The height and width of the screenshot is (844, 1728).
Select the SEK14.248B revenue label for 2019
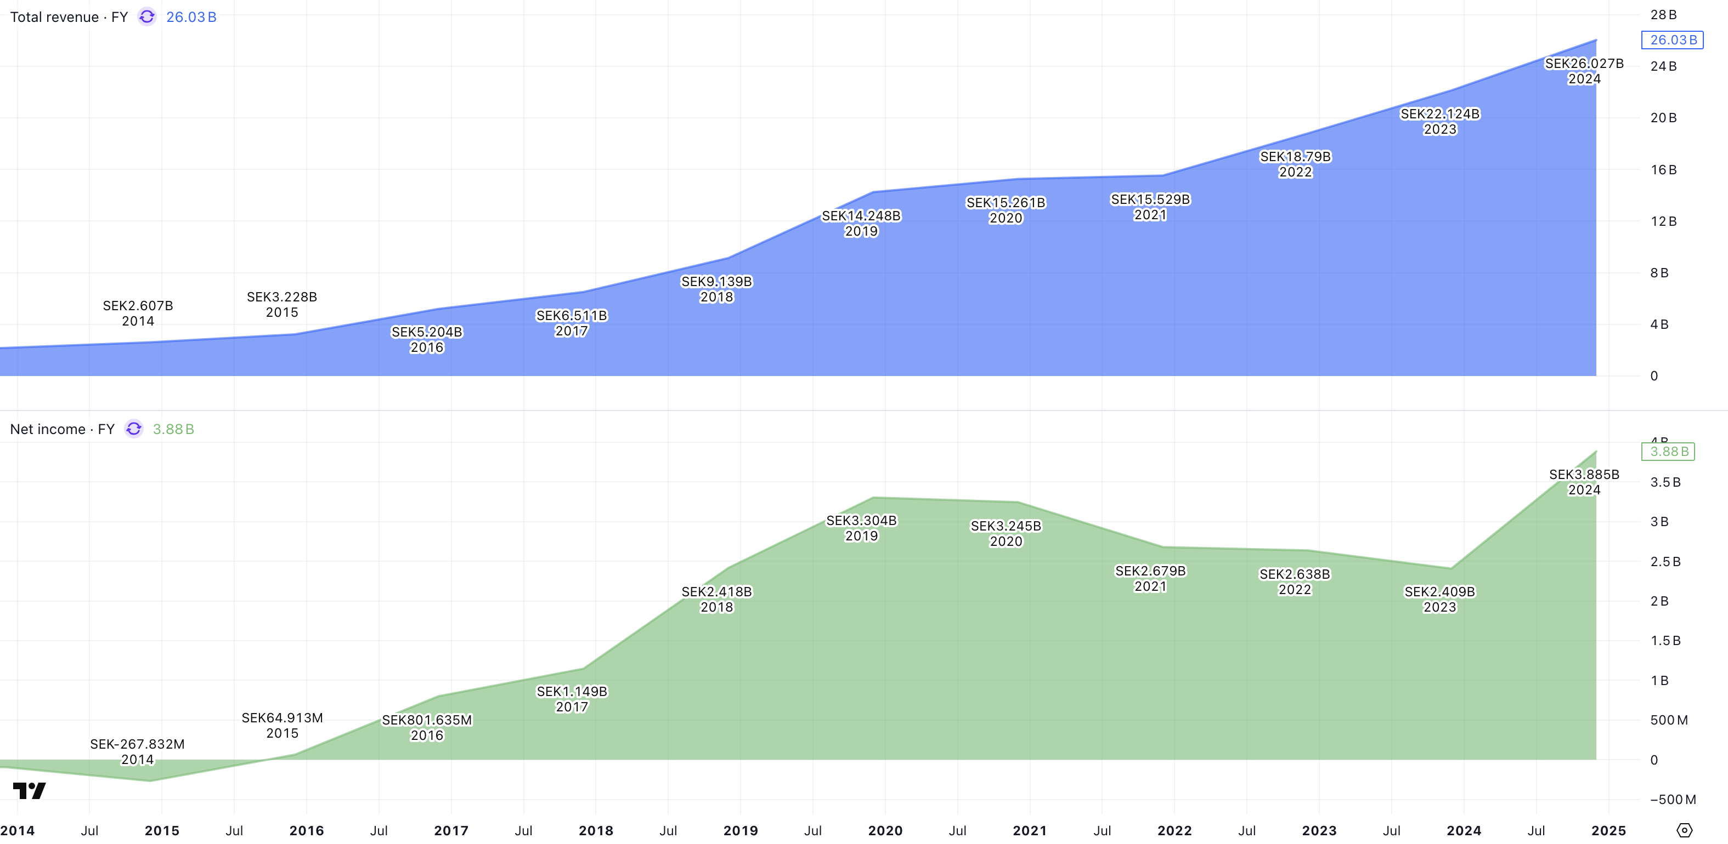861,223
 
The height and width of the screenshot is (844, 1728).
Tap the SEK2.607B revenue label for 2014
138,313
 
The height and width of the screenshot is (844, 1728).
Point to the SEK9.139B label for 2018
716,289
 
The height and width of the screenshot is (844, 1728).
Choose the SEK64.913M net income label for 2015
282,725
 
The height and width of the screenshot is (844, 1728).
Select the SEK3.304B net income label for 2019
861,528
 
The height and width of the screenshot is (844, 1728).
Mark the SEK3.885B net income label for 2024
1584,482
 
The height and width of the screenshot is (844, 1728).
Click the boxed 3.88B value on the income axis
1668,452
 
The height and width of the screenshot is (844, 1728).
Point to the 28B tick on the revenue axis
1663,15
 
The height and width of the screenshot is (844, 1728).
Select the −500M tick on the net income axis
1673,799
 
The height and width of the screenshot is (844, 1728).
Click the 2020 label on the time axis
885,831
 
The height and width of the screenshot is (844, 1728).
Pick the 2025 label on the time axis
1608,831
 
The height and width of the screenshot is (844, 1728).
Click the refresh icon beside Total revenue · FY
147,17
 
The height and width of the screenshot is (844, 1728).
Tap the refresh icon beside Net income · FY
134,429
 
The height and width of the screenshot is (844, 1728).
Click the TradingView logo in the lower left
30,791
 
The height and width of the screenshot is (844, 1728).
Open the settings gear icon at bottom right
1684,831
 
